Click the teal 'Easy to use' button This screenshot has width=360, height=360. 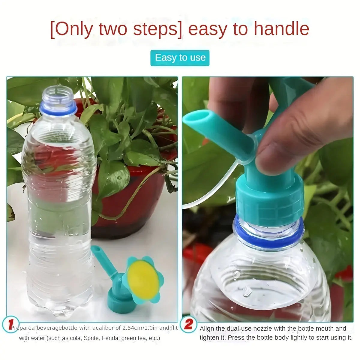tap(180, 58)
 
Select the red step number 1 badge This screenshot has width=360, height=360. tap(11, 325)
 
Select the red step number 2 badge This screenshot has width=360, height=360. tap(189, 325)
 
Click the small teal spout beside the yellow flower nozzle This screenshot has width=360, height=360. tap(103, 261)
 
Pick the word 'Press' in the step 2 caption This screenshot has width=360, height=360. tap(236, 337)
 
